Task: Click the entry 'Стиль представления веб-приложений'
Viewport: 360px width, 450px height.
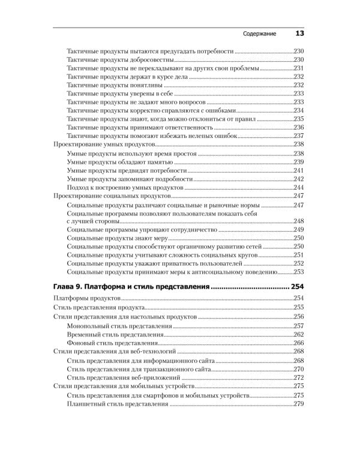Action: (124, 377)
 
